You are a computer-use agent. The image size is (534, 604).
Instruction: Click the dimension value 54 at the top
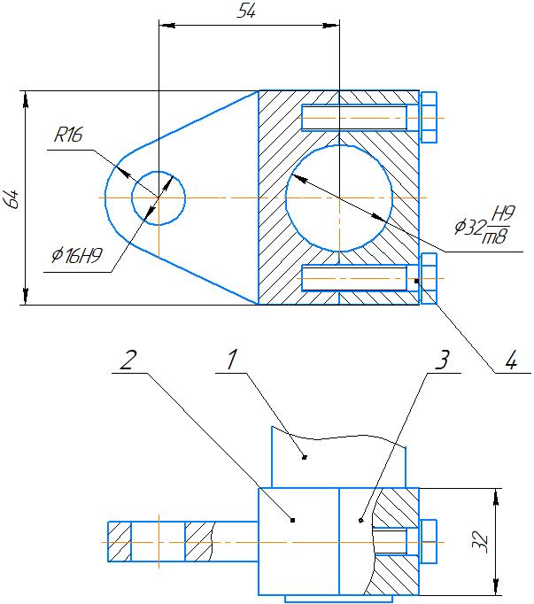246,12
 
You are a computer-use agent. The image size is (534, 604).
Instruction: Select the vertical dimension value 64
13,198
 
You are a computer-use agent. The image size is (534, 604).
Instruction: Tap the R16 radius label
68,135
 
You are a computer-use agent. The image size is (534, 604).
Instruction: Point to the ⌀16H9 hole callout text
77,255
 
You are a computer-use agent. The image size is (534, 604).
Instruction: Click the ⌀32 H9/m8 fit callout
484,225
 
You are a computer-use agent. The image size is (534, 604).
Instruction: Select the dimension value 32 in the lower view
481,542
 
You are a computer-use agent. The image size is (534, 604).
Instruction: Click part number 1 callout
232,360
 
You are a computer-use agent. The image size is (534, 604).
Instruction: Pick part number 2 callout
128,360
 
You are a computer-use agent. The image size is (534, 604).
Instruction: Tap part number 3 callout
443,360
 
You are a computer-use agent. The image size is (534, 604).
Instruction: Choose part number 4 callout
511,361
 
